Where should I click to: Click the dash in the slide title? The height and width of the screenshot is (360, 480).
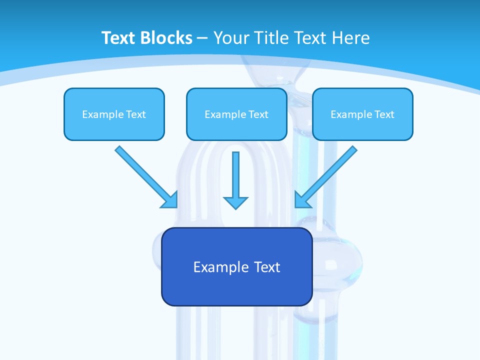[x=202, y=38]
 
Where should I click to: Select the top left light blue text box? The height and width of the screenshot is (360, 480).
[x=114, y=114]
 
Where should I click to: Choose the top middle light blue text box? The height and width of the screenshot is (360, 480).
[x=236, y=114]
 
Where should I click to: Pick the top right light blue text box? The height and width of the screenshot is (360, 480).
[x=362, y=114]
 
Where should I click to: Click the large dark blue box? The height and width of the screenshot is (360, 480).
[x=236, y=266]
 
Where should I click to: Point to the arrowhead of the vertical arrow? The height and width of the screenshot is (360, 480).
[x=235, y=202]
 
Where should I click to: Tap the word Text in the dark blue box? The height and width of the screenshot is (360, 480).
[x=267, y=267]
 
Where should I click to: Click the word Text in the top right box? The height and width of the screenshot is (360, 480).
[x=384, y=114]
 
